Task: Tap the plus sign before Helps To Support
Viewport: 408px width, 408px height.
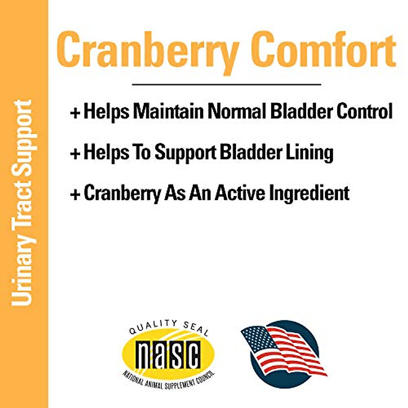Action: click(75, 153)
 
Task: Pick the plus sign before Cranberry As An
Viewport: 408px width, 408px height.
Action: click(75, 194)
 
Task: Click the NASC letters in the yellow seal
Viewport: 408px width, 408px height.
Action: click(168, 355)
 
